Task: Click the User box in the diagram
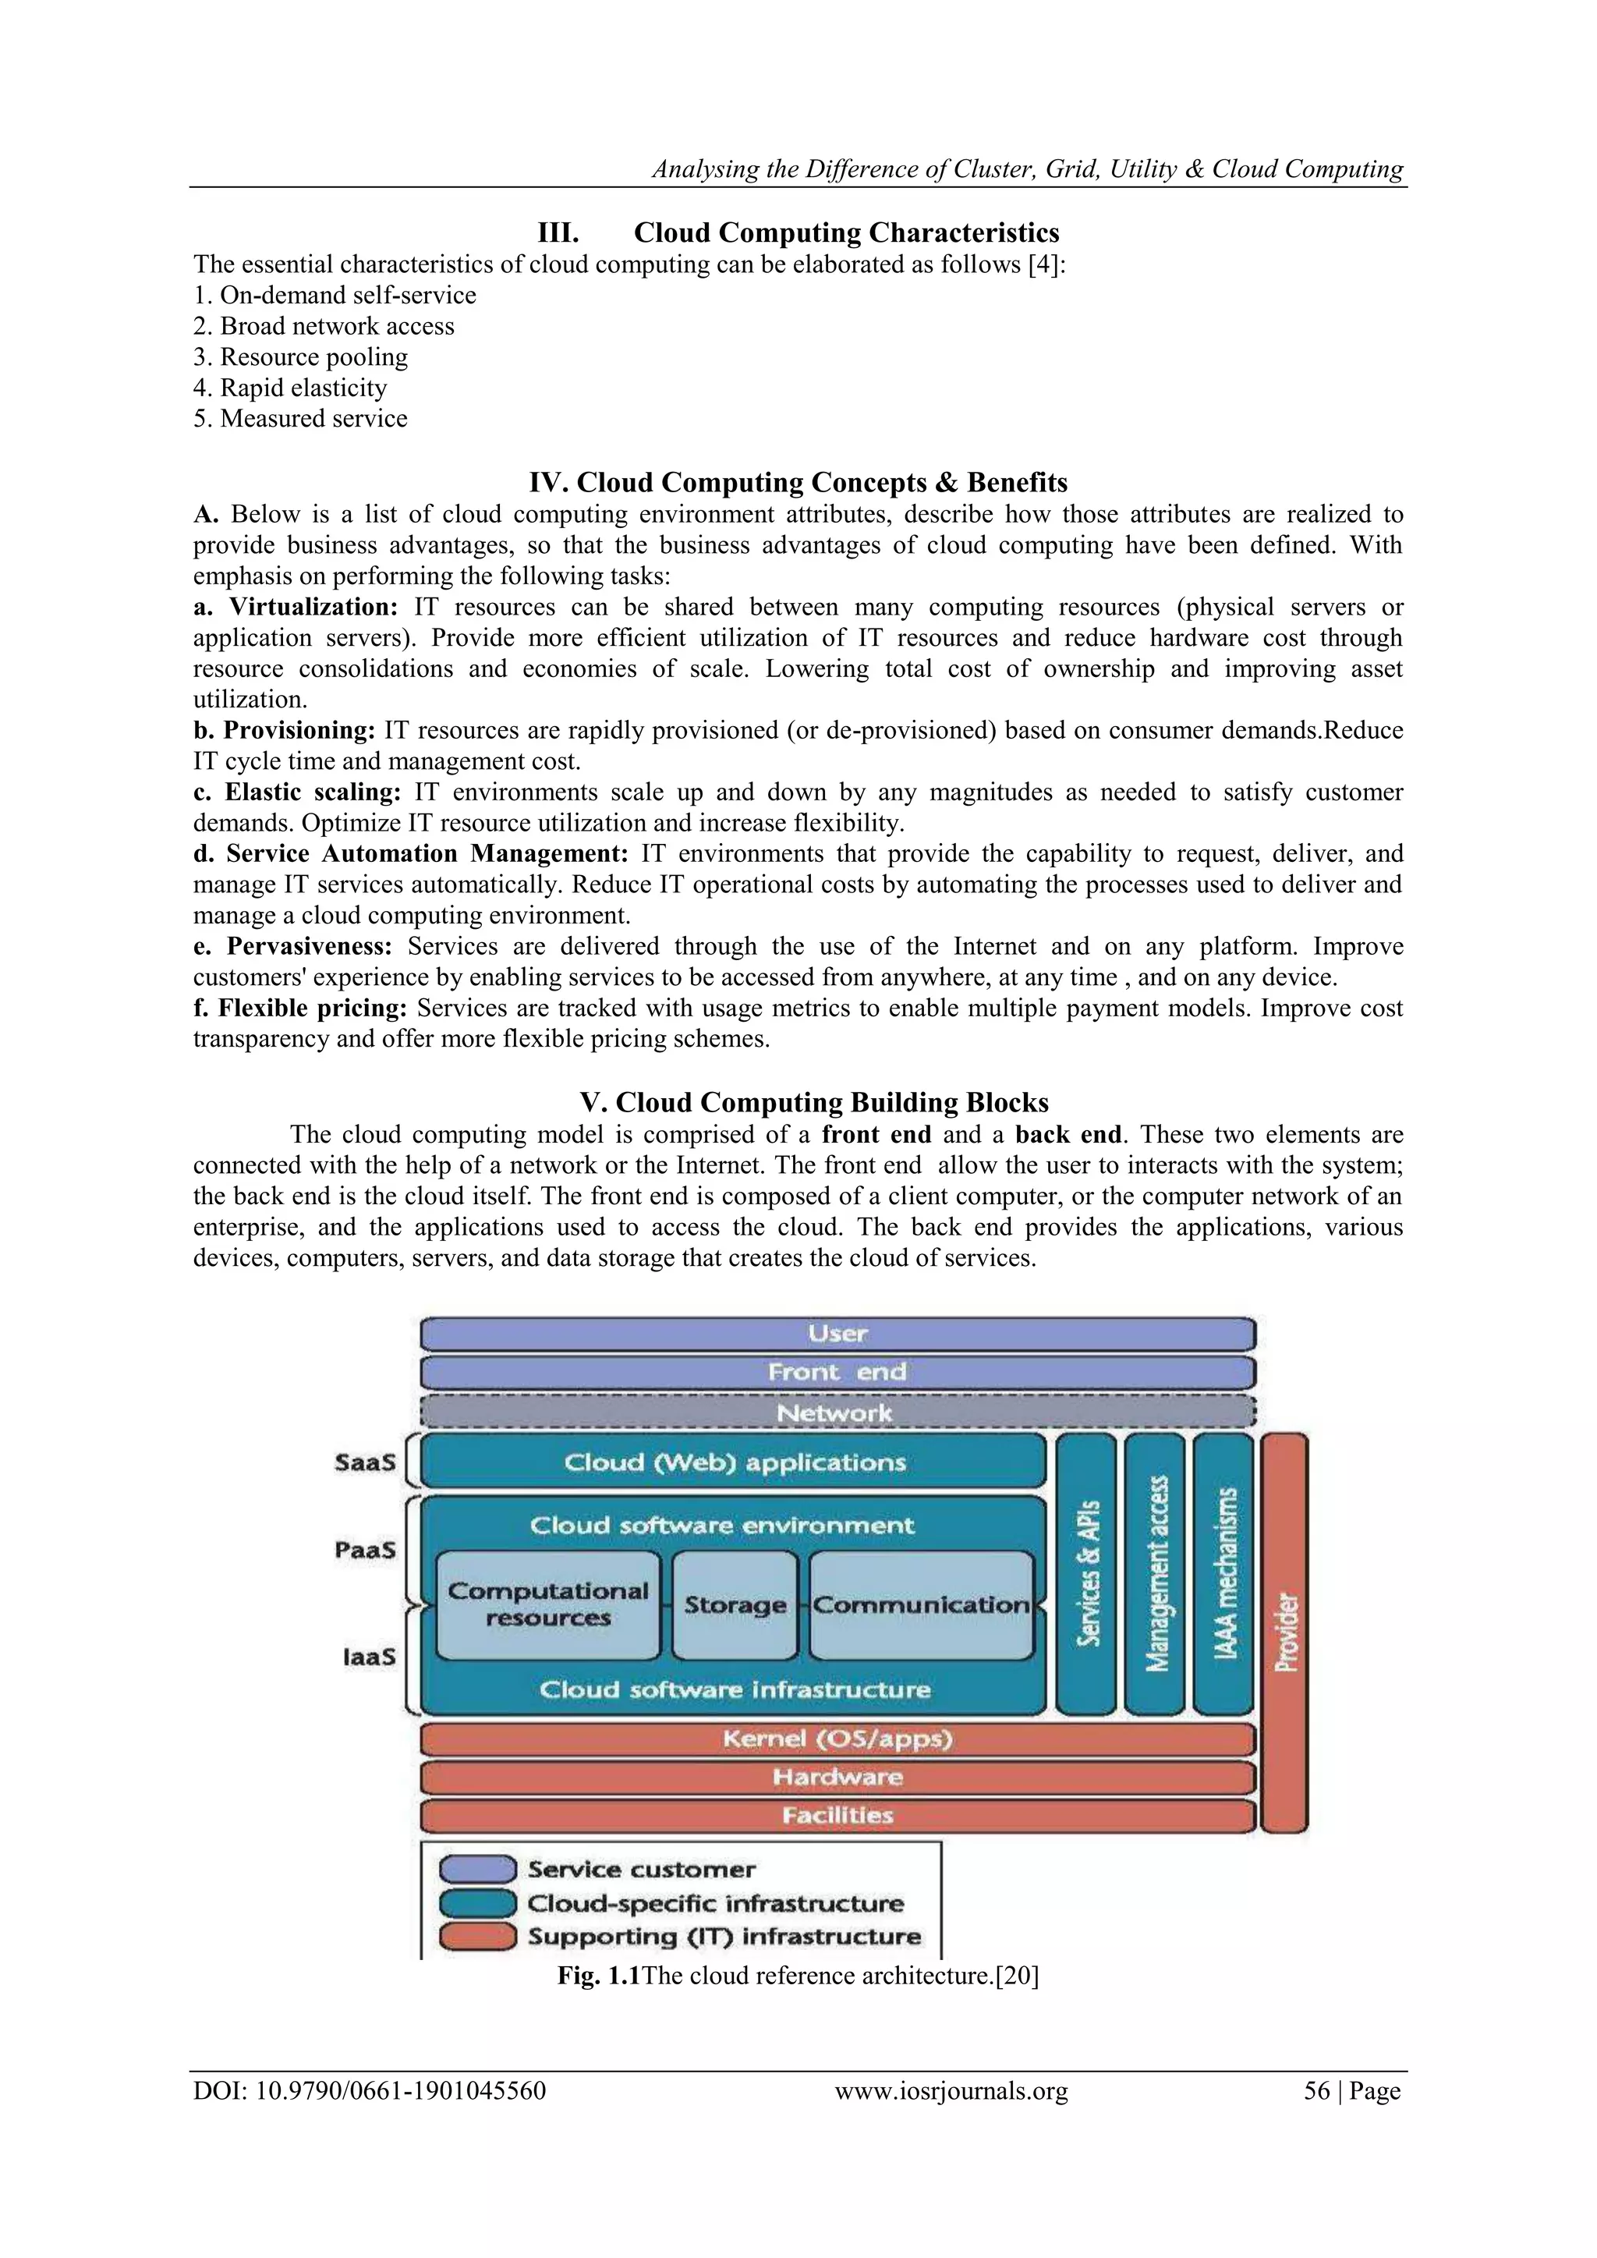(837, 1335)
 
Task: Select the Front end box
(837, 1373)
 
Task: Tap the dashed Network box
(837, 1413)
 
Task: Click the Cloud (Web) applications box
(734, 1462)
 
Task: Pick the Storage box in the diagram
(735, 1605)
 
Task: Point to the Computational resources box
(547, 1605)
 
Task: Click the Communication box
(922, 1605)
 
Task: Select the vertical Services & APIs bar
(1086, 1573)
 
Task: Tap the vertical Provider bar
(1284, 1632)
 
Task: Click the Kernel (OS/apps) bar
(837, 1739)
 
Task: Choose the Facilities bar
(837, 1816)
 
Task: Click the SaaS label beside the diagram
(365, 1462)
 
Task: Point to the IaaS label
(369, 1657)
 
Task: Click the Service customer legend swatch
(477, 1869)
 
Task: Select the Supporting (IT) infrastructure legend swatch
(477, 1937)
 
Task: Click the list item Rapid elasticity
(303, 388)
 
